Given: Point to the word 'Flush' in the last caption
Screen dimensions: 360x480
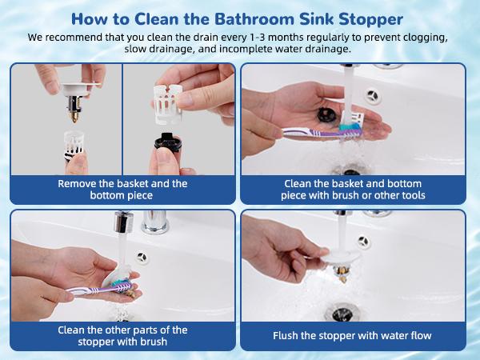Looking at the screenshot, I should tap(290, 336).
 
